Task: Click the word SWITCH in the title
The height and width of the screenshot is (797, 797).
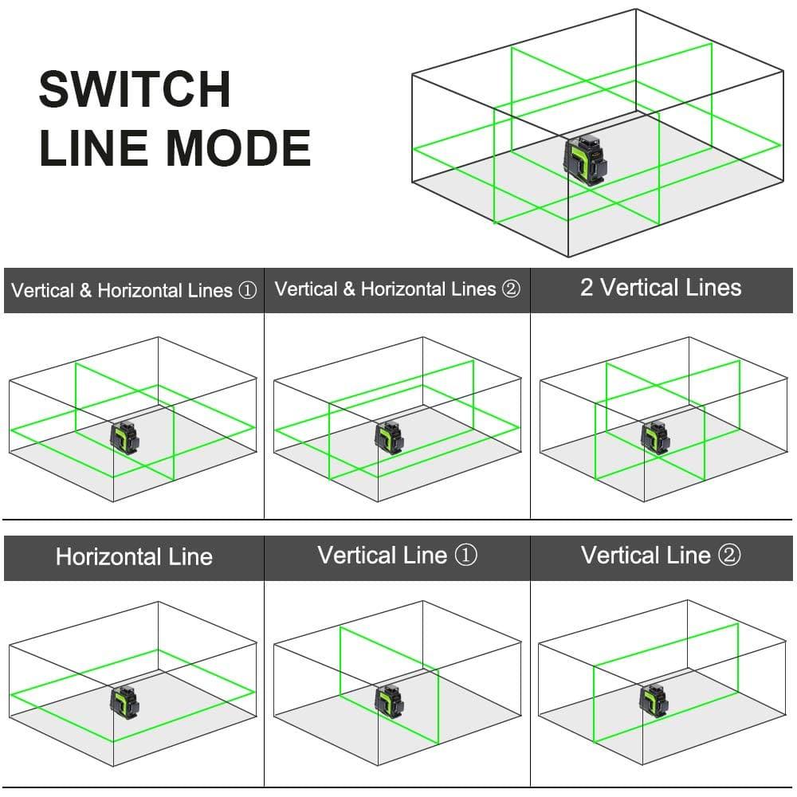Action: (135, 89)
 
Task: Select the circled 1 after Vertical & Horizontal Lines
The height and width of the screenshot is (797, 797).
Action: (247, 291)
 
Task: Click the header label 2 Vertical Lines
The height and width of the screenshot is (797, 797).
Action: (661, 288)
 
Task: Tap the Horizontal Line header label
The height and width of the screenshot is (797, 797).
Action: (134, 556)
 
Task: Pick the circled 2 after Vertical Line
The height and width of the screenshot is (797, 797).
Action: (729, 556)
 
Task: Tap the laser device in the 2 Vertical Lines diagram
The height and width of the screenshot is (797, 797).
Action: (656, 437)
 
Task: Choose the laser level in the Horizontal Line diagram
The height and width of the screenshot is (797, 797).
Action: (124, 701)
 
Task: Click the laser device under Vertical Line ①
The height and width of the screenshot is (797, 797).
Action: (390, 701)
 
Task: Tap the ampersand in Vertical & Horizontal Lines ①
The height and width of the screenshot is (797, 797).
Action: (85, 291)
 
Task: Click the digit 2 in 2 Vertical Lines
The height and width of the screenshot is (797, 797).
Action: (587, 288)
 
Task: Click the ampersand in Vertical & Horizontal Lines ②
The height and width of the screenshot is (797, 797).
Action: (348, 289)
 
